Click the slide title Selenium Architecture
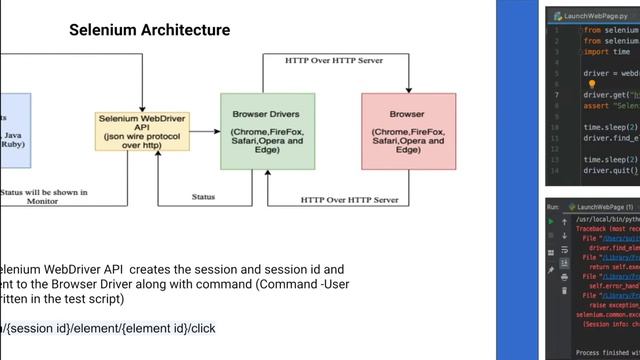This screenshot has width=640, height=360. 149,30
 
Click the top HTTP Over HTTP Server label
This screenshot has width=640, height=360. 334,60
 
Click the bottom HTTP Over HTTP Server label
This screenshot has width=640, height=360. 349,200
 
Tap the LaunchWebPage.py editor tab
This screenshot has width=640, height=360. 590,16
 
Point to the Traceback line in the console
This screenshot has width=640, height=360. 606,229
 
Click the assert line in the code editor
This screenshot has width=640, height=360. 610,105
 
